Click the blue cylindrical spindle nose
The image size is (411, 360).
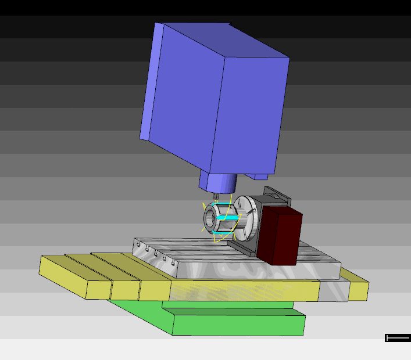[x=217, y=183]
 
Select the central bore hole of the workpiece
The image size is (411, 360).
[x=209, y=219]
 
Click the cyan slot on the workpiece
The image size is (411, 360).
[x=228, y=218]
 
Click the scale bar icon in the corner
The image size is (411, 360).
[x=398, y=338]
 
